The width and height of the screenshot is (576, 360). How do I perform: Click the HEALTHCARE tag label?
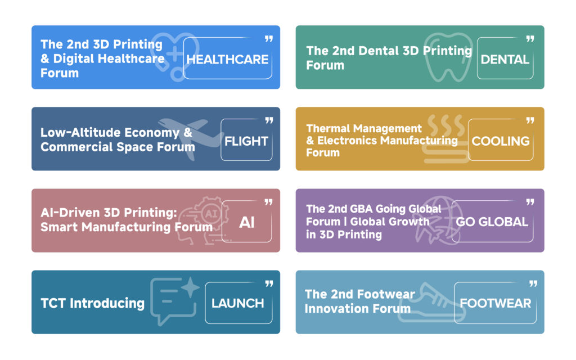pos(227,60)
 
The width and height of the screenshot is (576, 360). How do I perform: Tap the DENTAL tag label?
pos(505,60)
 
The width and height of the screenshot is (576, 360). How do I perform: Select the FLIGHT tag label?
pos(246,141)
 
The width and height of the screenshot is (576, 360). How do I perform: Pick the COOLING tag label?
pos(500,141)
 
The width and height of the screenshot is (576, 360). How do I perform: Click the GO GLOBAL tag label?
pos(492,222)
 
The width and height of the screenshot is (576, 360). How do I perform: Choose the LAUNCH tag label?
pos(238,303)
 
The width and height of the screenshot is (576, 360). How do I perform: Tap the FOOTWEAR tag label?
pos(495,303)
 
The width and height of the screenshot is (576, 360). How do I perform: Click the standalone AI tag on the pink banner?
pos(247,222)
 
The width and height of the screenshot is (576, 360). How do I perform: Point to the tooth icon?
pos(447,57)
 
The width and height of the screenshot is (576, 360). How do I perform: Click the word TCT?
pos(53,303)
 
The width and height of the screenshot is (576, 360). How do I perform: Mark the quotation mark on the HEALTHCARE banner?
pos(269,39)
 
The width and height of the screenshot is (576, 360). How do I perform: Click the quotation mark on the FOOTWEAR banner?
pos(533,283)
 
